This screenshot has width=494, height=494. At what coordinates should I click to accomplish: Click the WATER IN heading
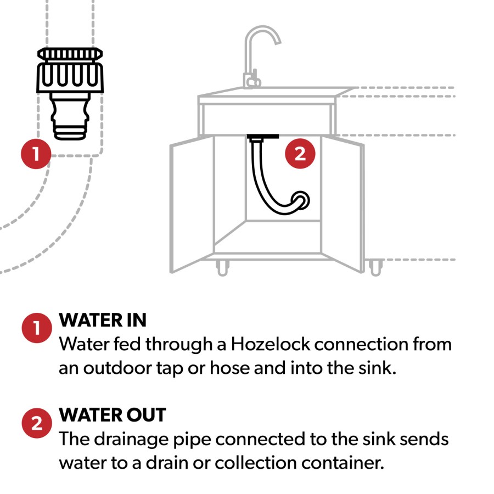pos(103,320)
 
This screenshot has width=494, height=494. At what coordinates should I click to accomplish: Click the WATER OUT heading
pos(113,414)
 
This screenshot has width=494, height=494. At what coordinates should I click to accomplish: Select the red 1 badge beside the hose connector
pos(36,154)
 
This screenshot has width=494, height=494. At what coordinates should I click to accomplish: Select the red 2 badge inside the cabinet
pos(300,154)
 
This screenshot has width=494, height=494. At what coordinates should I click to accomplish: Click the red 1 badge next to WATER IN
pos(37,328)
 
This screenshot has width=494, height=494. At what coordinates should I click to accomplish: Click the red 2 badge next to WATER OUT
pos(37,423)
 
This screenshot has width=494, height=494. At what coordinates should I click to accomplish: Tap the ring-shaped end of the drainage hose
pos(301,200)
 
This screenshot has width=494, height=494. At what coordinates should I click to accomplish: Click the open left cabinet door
pos(192,204)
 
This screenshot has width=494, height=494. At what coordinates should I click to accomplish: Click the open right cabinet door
pos(343,204)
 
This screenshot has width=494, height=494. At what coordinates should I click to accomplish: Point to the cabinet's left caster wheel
pos(222,268)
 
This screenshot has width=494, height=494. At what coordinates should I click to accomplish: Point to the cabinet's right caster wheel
pos(375,268)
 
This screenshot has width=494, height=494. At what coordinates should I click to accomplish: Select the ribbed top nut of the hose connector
pos(70,54)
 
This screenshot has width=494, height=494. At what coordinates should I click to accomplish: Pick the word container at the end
pos(343,463)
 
